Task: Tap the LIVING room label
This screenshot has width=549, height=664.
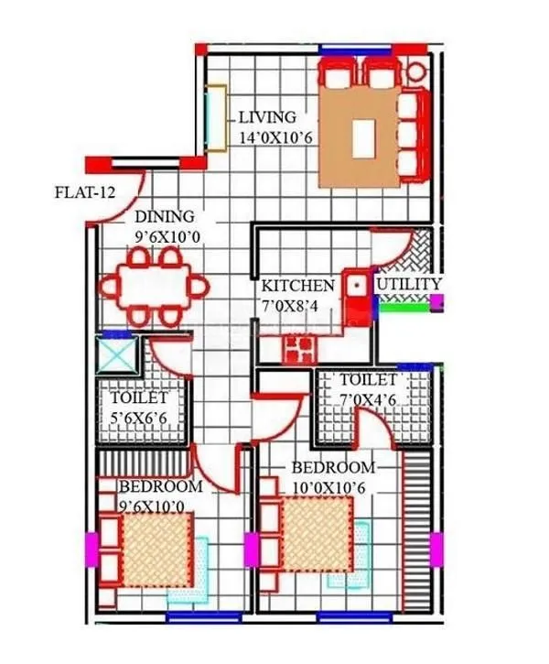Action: pos(267,117)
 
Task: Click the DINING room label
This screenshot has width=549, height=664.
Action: pos(165,217)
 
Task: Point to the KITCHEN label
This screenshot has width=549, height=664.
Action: pos(293,286)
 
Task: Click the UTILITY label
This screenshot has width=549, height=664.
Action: pos(409,285)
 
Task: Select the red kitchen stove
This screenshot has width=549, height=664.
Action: pos(298,348)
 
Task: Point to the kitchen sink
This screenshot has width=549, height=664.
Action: pos(355,285)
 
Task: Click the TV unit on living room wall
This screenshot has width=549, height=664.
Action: pos(217,117)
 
